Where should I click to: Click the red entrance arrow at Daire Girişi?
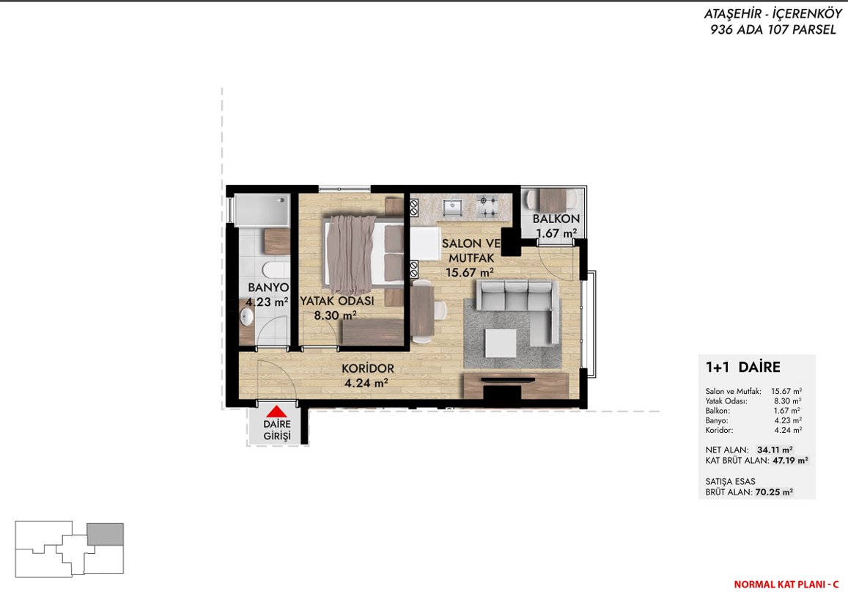(x=276, y=412)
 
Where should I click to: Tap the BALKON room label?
(x=556, y=219)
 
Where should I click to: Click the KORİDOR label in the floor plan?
(x=368, y=368)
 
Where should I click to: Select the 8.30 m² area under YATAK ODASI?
(x=335, y=315)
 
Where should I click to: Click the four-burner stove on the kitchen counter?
(x=487, y=208)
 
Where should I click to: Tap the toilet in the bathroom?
(x=276, y=269)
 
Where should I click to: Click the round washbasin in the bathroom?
(x=246, y=317)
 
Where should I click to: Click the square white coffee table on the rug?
(x=501, y=343)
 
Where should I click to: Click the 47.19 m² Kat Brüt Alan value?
(x=790, y=461)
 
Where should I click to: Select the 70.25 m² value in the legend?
(x=774, y=492)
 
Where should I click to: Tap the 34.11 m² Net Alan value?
(x=775, y=450)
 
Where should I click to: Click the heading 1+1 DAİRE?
(x=742, y=367)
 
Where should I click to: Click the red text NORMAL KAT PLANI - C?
(x=786, y=585)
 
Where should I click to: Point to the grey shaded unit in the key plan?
(x=106, y=534)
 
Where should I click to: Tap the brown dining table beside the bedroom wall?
(x=422, y=312)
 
